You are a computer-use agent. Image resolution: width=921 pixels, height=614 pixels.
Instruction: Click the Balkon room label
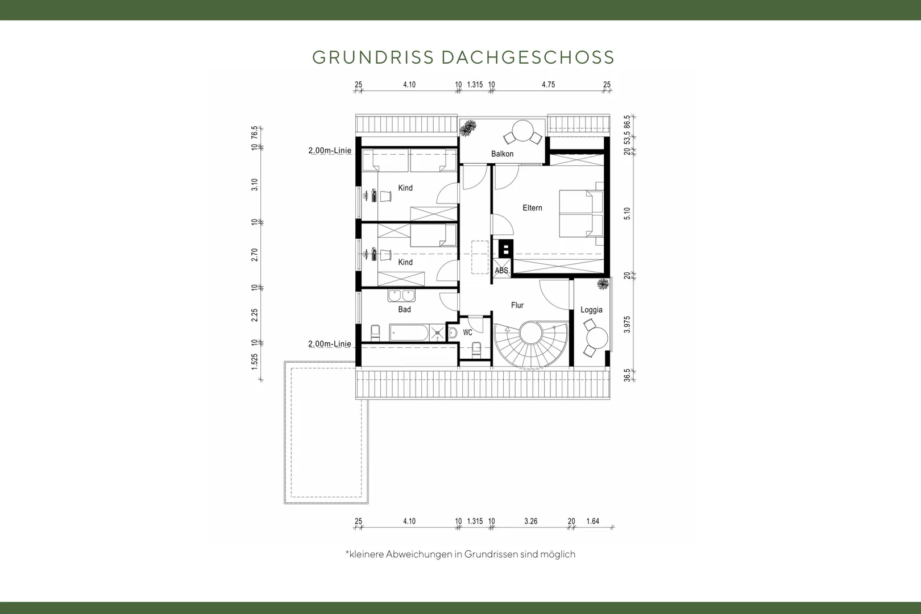pyautogui.click(x=502, y=154)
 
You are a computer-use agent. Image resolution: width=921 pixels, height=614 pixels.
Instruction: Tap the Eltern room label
pyautogui.click(x=532, y=208)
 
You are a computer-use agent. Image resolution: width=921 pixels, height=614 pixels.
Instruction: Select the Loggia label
pyautogui.click(x=591, y=310)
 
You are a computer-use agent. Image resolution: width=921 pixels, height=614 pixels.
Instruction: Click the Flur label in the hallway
pyautogui.click(x=517, y=305)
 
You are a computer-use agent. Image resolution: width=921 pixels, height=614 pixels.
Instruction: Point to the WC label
pyautogui.click(x=467, y=332)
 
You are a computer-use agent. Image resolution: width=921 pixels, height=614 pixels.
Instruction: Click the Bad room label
pyautogui.click(x=404, y=309)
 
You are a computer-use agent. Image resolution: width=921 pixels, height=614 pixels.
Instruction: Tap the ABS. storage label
pyautogui.click(x=502, y=271)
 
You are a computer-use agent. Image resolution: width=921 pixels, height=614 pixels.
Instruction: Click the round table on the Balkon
pyautogui.click(x=522, y=131)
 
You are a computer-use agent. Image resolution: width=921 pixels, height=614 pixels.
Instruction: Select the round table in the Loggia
pyautogui.click(x=597, y=338)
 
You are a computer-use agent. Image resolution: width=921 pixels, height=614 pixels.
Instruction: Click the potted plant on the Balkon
pyautogui.click(x=467, y=128)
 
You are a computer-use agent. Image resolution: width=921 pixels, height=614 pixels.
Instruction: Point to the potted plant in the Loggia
pyautogui.click(x=603, y=284)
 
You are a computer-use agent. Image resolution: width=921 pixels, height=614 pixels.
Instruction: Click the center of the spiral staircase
pyautogui.click(x=531, y=333)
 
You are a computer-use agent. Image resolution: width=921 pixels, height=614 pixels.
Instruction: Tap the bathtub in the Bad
pyautogui.click(x=409, y=333)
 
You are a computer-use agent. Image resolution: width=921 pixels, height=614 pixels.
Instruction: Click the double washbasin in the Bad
pyautogui.click(x=401, y=296)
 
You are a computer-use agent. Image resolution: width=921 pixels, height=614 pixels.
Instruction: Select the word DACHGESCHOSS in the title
pyautogui.click(x=528, y=57)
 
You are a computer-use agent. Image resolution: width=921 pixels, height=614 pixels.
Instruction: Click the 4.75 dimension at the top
pyautogui.click(x=548, y=85)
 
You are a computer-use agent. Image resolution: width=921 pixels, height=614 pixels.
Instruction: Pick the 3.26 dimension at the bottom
pyautogui.click(x=531, y=521)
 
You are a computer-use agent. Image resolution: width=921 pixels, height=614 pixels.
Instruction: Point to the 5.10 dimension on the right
pyautogui.click(x=627, y=213)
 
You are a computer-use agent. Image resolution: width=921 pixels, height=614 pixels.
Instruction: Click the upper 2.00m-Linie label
pyautogui.click(x=330, y=151)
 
